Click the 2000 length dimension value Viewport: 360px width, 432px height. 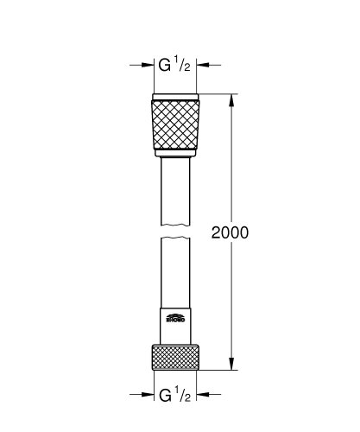pyautogui.click(x=230, y=234)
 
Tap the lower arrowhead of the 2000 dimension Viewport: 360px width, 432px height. pyautogui.click(x=231, y=365)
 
